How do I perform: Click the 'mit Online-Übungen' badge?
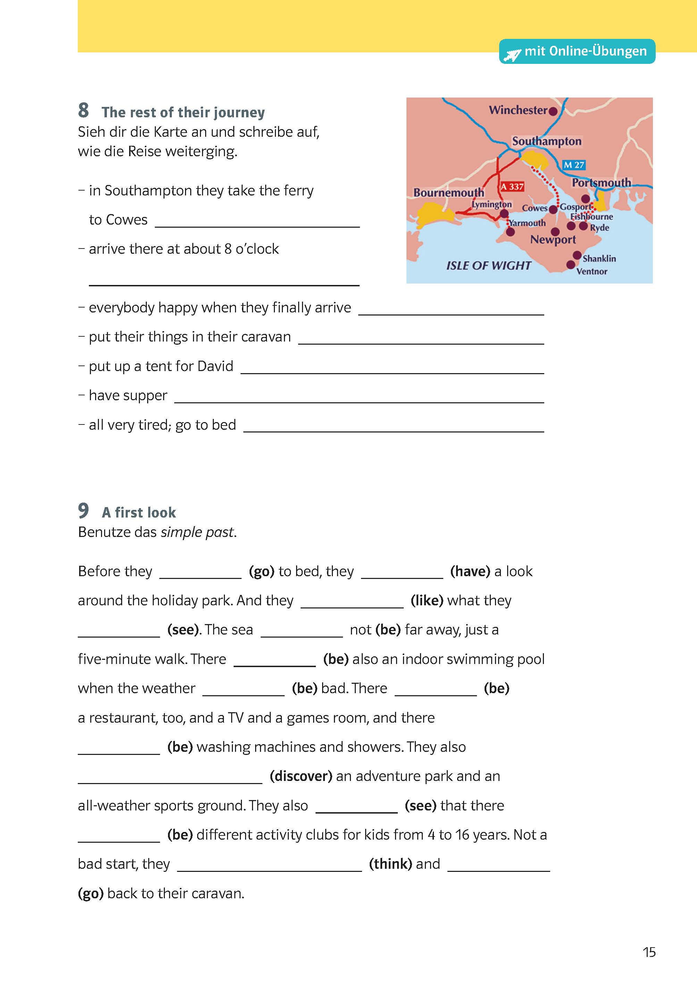coord(577,51)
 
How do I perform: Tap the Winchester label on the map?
coord(518,110)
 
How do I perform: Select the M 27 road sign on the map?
coord(574,165)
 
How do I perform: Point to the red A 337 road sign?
coord(512,187)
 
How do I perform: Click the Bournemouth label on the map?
coord(448,193)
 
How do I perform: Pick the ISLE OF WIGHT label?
coord(488,266)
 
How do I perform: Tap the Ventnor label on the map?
coord(591,271)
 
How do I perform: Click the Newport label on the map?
coord(553,239)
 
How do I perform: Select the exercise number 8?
coord(84,110)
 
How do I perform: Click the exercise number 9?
coord(84,511)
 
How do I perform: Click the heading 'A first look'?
coord(138,512)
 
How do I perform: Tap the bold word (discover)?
coord(301,776)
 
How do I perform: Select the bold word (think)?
coord(391,864)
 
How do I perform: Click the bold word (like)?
coord(427,600)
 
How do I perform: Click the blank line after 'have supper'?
coord(359,401)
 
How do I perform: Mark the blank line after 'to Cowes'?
coord(257,226)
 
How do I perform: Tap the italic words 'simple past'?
coord(198,532)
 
